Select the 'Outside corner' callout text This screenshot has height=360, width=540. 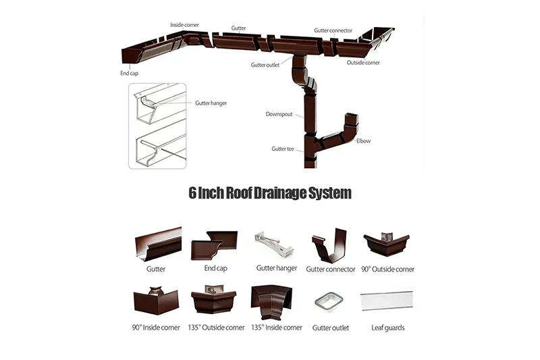click(x=363, y=63)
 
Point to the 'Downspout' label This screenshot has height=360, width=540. click(x=279, y=115)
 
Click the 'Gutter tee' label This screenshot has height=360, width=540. click(x=283, y=149)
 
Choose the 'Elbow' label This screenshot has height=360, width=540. click(x=363, y=141)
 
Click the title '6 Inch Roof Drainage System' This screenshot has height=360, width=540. click(x=270, y=193)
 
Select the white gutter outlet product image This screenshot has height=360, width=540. click(x=330, y=300)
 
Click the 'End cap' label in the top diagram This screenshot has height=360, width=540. click(x=130, y=72)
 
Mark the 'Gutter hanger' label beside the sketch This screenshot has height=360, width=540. click(x=211, y=103)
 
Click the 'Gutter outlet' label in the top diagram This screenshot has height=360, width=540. click(x=265, y=66)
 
